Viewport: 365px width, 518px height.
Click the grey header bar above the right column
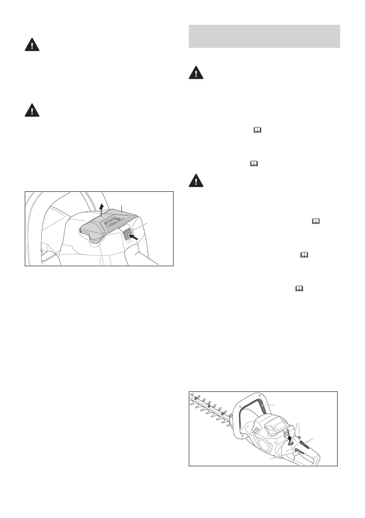click(264, 36)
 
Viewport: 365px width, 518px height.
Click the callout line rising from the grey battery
click(122, 207)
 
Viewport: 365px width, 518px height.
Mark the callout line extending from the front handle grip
click(274, 405)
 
